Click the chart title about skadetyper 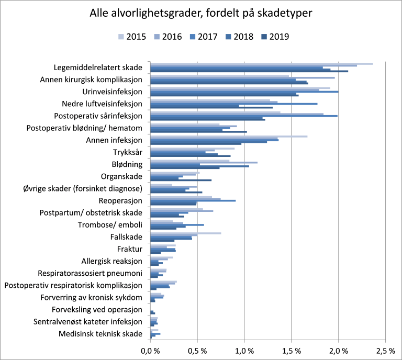pos(200,14)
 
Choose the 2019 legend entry pos(274,37)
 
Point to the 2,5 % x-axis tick pos(385,350)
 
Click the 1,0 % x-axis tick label pos(244,350)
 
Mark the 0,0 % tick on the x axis pos(150,350)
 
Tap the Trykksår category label pos(127,153)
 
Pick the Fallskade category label pos(126,237)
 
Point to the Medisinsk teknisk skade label pos(100,333)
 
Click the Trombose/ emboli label pos(109,225)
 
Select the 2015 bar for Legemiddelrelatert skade pos(261,64)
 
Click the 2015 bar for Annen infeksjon pos(229,136)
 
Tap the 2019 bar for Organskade pos(181,180)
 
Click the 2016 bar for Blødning pos(204,162)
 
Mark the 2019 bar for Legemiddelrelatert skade pos(249,71)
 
